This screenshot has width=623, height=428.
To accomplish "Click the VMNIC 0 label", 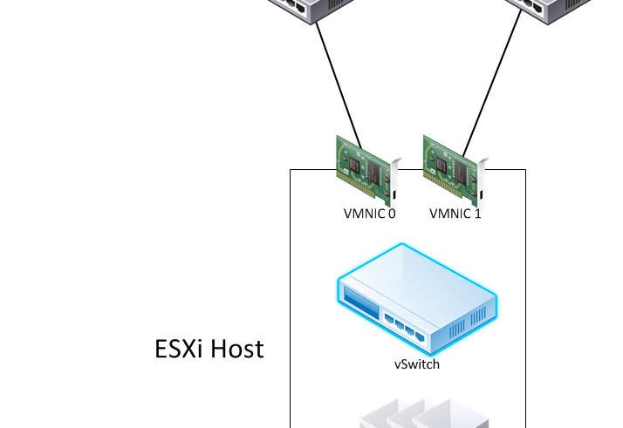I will [369, 214].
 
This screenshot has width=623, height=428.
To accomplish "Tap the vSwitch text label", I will [416, 364].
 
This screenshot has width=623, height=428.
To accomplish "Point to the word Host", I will [236, 349].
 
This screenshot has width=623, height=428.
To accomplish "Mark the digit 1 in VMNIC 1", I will [477, 214].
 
